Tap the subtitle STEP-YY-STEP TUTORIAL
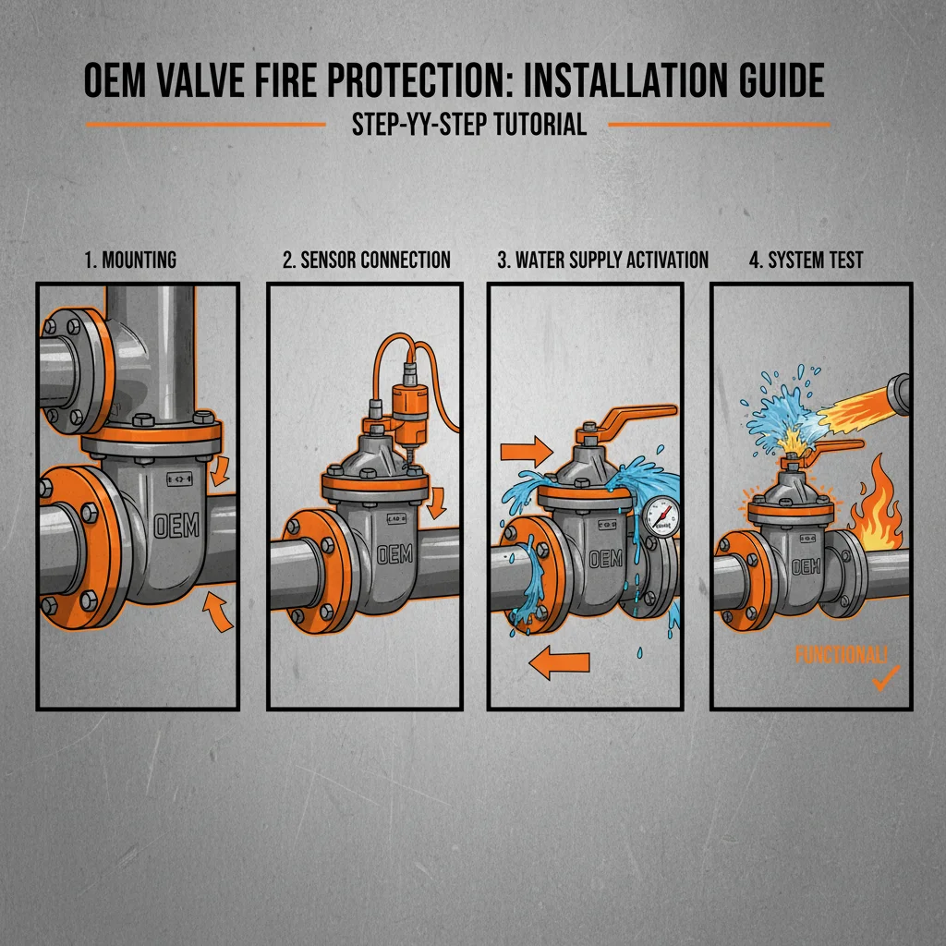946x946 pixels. (468, 124)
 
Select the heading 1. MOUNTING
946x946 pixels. (130, 260)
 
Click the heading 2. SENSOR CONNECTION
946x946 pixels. (367, 260)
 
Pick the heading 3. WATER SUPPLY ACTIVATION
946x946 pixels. (602, 260)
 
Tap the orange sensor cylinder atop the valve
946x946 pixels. (405, 404)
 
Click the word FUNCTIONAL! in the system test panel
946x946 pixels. (841, 655)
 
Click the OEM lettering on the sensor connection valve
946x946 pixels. (395, 555)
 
